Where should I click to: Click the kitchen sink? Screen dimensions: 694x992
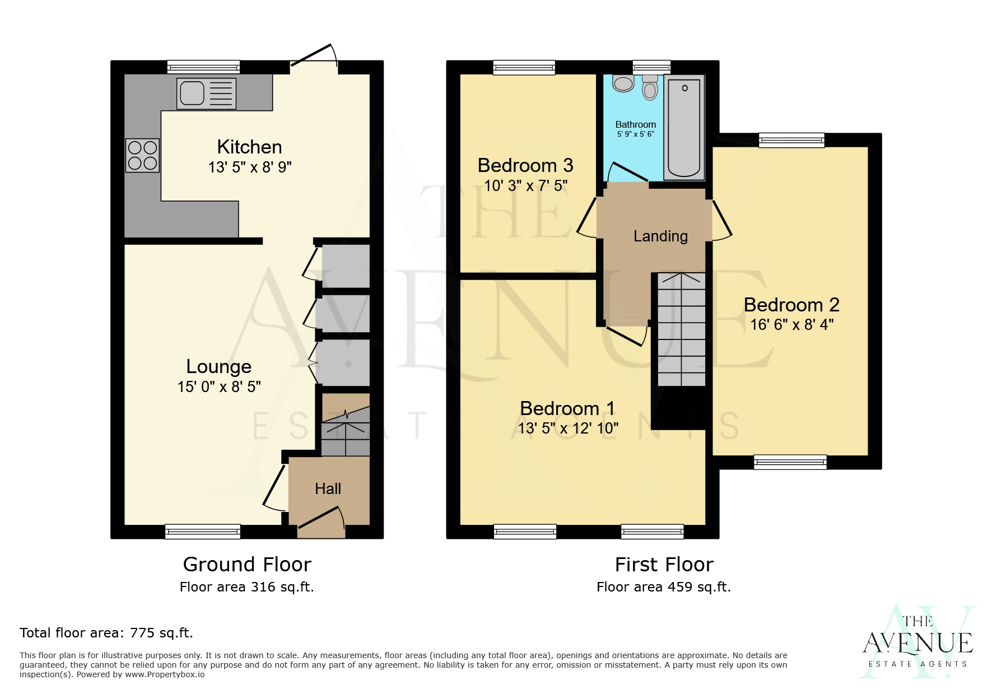pyautogui.click(x=206, y=93)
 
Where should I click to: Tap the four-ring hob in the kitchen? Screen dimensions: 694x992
pyautogui.click(x=142, y=155)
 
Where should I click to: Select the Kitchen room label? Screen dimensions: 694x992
pyautogui.click(x=249, y=147)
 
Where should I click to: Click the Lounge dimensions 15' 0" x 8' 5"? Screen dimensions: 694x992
pyautogui.click(x=219, y=386)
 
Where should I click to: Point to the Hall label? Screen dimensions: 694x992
pyautogui.click(x=328, y=489)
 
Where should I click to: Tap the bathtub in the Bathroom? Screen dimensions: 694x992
pyautogui.click(x=683, y=128)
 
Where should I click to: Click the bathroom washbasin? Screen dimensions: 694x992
pyautogui.click(x=623, y=84)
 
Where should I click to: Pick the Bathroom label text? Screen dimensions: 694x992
pyautogui.click(x=635, y=124)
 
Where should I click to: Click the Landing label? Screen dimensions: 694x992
pyautogui.click(x=660, y=236)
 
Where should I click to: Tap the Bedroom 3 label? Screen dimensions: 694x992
pyautogui.click(x=525, y=165)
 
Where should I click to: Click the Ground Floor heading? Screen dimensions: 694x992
pyautogui.click(x=247, y=564)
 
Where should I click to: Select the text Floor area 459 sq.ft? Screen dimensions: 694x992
pyautogui.click(x=664, y=587)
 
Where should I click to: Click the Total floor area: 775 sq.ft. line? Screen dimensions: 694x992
pyautogui.click(x=106, y=633)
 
